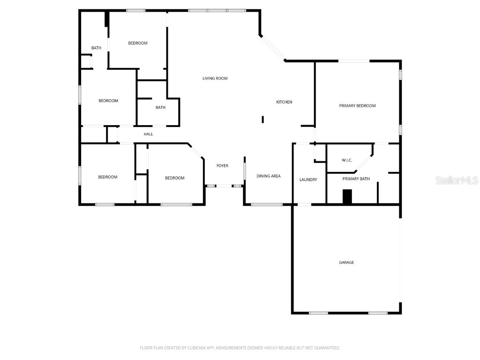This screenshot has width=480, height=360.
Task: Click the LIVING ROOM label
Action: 215,78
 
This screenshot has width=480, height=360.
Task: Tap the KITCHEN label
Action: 284,102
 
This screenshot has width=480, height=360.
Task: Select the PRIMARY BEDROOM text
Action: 357,106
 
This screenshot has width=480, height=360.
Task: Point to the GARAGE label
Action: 346,262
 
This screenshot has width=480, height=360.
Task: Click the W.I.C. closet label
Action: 347,160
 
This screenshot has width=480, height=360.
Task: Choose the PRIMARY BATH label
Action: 356,179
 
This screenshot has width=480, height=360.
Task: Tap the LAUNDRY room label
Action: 308,180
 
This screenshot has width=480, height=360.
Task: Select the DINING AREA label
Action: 269,176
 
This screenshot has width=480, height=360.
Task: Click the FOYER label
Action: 222,166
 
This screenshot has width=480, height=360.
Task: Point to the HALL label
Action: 148,135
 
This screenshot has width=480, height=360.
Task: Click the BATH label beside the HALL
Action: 160,108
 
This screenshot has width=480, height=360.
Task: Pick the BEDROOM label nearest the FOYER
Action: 174,178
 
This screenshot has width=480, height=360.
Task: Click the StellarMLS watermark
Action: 456,180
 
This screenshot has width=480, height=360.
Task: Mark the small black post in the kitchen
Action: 263,120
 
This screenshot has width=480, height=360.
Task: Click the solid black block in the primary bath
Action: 347,196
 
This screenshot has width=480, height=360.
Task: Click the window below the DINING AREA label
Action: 266,204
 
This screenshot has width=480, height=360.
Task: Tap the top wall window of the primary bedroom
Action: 354,61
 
